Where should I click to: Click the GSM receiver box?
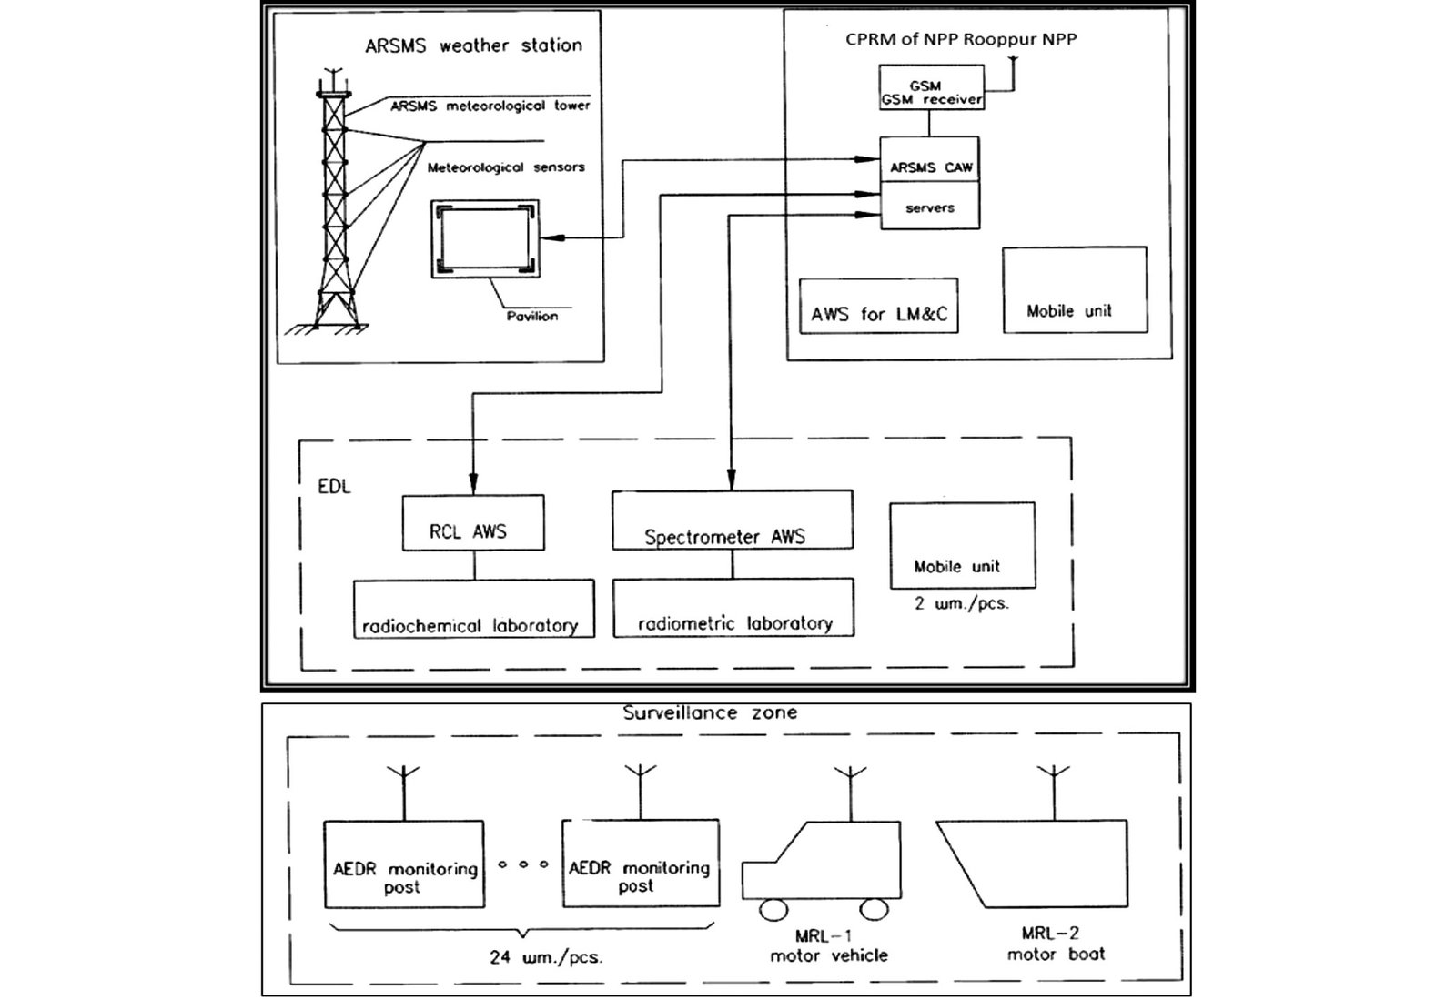[x=931, y=87]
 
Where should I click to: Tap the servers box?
[x=929, y=207]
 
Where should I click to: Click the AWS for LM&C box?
[x=878, y=307]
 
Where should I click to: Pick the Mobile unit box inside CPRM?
[x=1074, y=290]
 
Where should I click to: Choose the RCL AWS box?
[x=472, y=523]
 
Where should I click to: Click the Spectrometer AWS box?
[x=732, y=520]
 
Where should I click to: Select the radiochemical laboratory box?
[x=473, y=609]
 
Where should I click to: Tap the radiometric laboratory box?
[x=733, y=608]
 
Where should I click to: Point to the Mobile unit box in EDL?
[x=962, y=546]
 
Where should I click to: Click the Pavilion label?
[x=532, y=317]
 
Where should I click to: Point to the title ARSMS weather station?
[x=473, y=45]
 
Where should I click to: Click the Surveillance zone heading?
[x=710, y=712]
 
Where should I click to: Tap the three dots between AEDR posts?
[x=523, y=864]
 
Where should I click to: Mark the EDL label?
[x=334, y=487]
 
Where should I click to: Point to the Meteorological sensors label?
[x=506, y=167]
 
